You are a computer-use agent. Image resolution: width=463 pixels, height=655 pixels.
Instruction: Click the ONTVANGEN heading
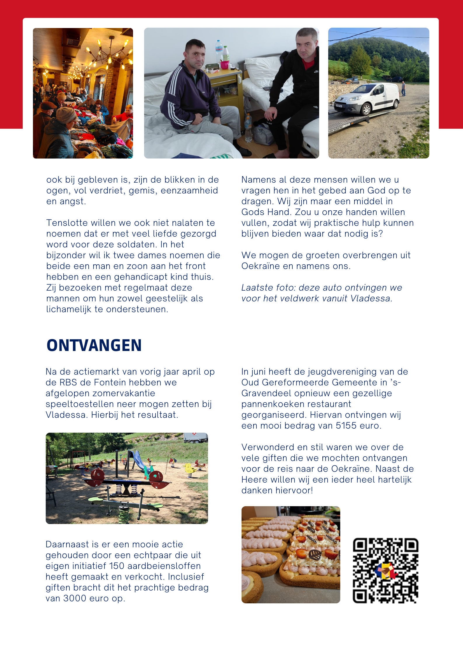tap(94, 345)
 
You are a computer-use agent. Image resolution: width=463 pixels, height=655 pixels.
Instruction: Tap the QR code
tap(385, 570)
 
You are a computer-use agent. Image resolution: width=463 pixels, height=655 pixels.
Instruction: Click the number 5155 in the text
tap(346, 426)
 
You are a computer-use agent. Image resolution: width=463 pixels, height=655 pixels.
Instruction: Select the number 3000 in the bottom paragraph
tap(75, 598)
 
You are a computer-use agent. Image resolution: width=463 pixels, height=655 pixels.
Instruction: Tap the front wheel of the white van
tap(366, 109)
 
